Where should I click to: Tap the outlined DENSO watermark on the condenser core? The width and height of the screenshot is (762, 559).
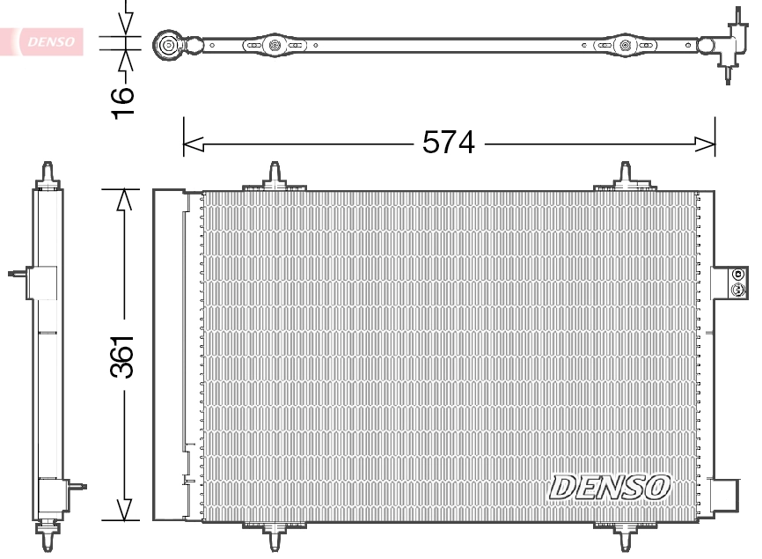[610, 485]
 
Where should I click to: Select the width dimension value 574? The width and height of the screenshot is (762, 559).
[448, 143]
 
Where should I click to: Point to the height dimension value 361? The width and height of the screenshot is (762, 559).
[124, 356]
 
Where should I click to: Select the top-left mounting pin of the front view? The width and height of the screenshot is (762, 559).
[275, 174]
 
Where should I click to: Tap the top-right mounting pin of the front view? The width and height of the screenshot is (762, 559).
[626, 174]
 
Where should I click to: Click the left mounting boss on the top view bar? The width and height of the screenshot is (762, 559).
[275, 44]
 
